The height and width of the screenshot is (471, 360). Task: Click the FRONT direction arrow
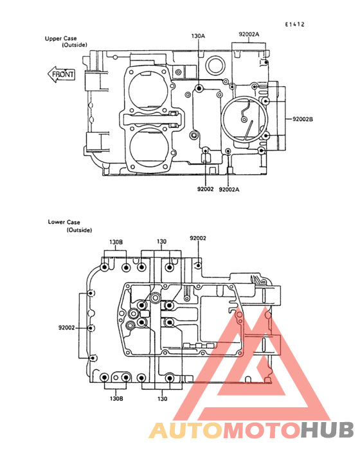[61, 74]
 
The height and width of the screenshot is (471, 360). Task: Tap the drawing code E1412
[294, 24]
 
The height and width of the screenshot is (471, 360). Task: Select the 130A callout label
[198, 36]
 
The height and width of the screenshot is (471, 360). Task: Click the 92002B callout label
[303, 119]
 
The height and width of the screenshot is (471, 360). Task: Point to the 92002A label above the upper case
[249, 34]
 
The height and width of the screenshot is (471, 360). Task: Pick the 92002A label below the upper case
[230, 190]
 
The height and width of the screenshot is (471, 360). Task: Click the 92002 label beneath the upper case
[206, 189]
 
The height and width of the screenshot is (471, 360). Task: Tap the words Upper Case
[60, 39]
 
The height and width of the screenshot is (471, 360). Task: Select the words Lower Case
[64, 222]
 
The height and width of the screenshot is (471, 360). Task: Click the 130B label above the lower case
[116, 242]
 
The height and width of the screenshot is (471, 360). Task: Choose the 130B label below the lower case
[116, 398]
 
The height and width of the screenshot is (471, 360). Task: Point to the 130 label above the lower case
[161, 241]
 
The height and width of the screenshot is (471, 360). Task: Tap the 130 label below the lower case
[162, 399]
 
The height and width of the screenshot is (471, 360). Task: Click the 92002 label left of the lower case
[66, 328]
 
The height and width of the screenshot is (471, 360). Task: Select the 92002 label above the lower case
[198, 238]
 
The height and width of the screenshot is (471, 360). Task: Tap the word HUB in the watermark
[328, 430]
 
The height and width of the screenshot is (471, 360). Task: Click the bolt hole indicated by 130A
[199, 88]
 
